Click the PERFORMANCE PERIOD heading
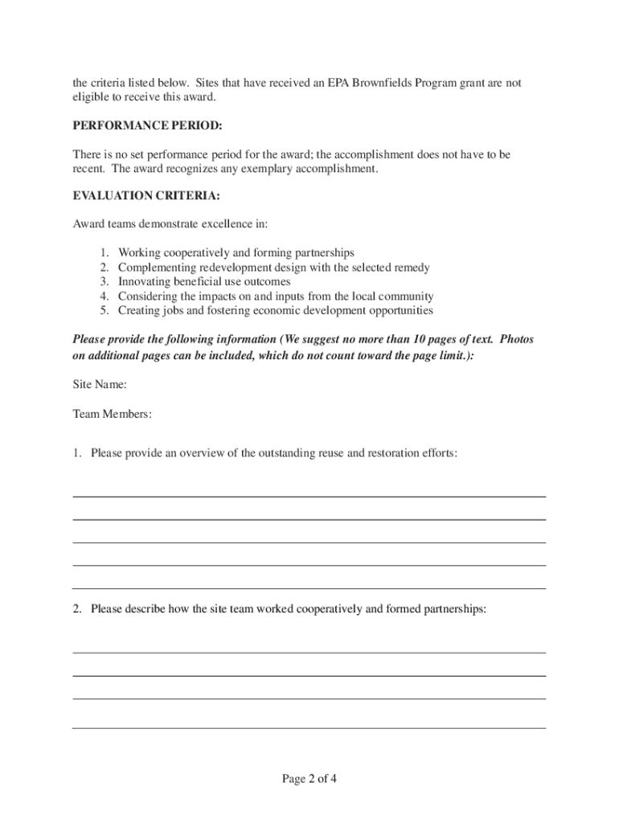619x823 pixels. click(x=148, y=126)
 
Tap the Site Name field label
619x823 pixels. click(x=99, y=385)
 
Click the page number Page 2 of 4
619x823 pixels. click(x=309, y=779)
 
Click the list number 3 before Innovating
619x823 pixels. click(x=105, y=282)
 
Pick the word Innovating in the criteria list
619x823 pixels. click(x=145, y=282)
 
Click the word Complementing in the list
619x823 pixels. click(x=156, y=268)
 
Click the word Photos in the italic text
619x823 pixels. click(x=517, y=340)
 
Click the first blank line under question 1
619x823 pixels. click(x=309, y=496)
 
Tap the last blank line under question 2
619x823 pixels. click(x=309, y=727)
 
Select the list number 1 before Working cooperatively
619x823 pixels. click(x=105, y=253)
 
